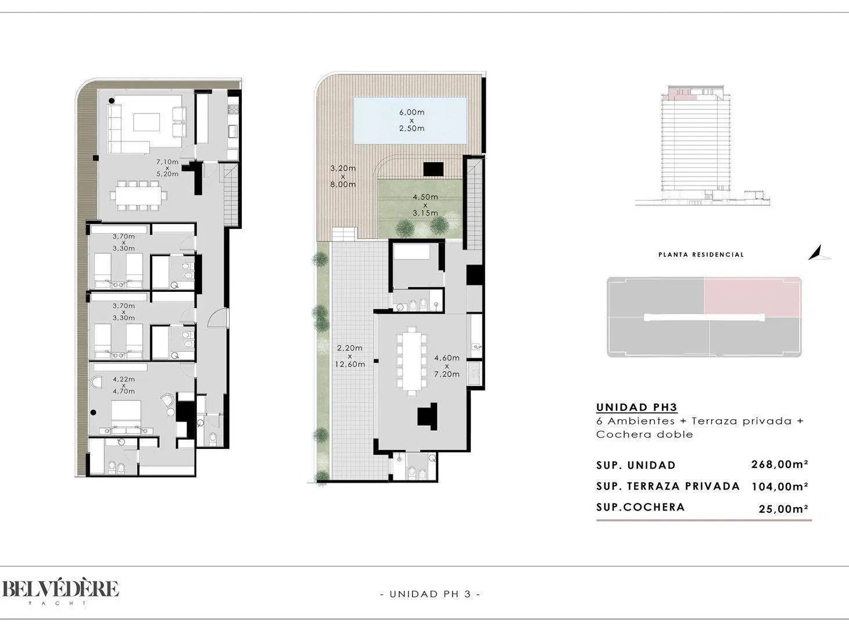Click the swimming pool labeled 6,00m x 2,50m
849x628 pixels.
coord(410,120)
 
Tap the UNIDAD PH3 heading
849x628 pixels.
coord(637,407)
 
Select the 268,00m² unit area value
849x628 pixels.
coord(780,465)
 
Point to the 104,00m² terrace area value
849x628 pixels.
coord(780,487)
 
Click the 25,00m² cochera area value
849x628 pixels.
coord(783,509)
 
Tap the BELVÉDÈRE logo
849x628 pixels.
coord(60,590)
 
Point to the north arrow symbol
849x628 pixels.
coord(818,254)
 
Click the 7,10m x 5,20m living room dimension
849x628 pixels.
coord(167,168)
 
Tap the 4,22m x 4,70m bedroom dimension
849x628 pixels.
coord(124,385)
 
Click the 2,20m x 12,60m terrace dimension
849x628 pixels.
coord(349,356)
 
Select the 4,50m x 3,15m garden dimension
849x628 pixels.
coord(425,205)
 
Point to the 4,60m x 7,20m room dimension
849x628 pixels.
coord(447,366)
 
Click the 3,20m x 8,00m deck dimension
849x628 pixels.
coord(343,176)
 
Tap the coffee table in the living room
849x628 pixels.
coord(146,123)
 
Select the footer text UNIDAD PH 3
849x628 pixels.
coord(430,594)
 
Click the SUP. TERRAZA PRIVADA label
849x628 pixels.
coord(668,486)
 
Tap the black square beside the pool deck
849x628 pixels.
coord(434,169)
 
